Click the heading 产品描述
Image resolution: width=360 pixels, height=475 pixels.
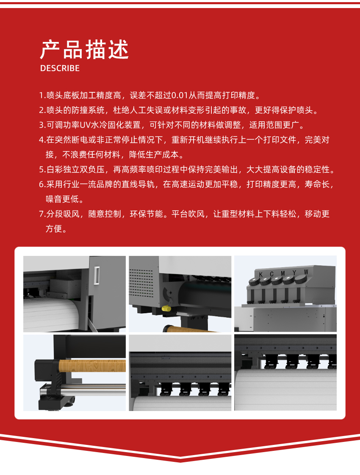click(x=84, y=50)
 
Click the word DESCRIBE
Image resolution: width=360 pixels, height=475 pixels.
click(x=60, y=69)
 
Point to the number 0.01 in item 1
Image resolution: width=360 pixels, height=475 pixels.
click(x=180, y=95)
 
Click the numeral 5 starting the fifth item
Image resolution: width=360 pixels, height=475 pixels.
click(x=42, y=169)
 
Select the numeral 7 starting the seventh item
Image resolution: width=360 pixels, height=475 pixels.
click(x=42, y=214)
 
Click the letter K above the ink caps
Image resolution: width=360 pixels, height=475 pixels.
click(x=261, y=275)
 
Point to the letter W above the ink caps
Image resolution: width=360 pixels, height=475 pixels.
click(x=306, y=272)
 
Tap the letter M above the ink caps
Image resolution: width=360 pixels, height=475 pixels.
click(x=283, y=273)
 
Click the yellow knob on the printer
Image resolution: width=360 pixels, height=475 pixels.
click(x=166, y=308)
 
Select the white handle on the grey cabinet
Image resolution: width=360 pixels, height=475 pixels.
click(x=97, y=275)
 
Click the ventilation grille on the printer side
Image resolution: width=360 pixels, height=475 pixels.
click(x=141, y=283)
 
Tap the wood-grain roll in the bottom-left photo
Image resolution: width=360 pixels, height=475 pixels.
click(x=92, y=366)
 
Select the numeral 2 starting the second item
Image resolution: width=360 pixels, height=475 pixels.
click(x=42, y=110)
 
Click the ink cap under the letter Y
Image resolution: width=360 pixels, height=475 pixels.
click(x=288, y=279)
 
